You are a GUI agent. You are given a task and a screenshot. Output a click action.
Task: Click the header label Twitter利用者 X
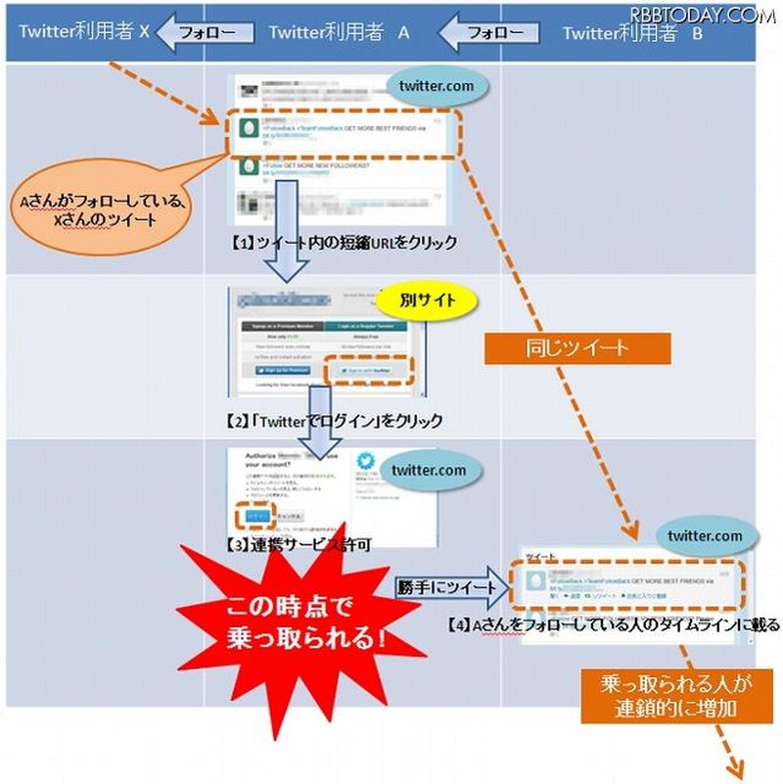tap(83, 31)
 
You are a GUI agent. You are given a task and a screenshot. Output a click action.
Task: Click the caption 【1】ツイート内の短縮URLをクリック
tap(340, 243)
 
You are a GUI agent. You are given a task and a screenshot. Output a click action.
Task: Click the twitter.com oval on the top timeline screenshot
tap(436, 86)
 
